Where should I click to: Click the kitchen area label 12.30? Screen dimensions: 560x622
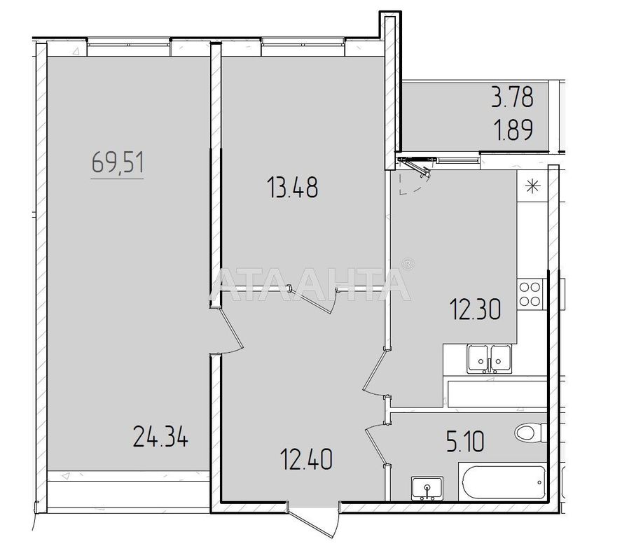coord(475,309)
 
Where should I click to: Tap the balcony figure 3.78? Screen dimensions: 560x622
coord(511,97)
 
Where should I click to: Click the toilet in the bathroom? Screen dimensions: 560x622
coord(530,432)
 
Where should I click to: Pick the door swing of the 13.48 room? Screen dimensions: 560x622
coord(332,302)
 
